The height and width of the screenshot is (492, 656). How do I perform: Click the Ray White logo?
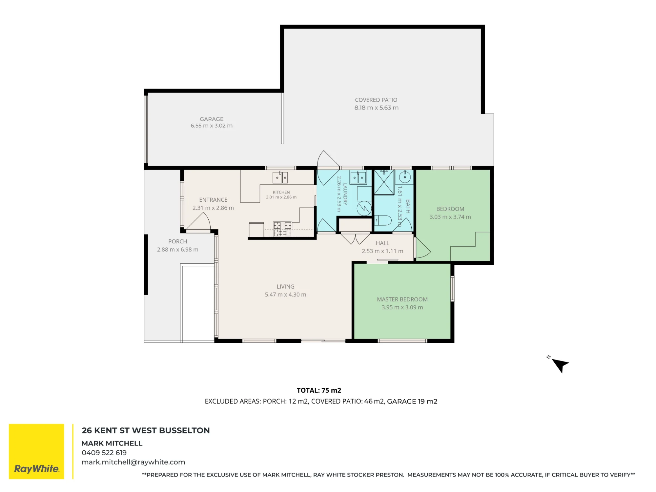coord(36,451)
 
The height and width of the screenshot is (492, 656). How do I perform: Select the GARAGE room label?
coord(212,119)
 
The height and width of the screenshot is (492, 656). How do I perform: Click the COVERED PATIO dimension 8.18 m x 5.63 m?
coord(376,108)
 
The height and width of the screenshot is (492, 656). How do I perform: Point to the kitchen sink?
coord(280,177)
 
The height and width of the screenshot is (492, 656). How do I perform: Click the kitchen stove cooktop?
coord(282,229)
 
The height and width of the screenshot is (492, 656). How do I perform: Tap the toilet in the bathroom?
coord(383,220)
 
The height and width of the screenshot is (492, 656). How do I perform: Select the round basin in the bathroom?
coord(405,177)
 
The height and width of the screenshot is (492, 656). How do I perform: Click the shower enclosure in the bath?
coord(384,182)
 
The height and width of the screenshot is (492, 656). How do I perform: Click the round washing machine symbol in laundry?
coord(364,208)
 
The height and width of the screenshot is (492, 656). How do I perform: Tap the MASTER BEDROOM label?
coord(402,299)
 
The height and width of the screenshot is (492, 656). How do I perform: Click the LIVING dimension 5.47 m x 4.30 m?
coord(285,295)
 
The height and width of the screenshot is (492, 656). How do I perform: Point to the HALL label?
coord(382,243)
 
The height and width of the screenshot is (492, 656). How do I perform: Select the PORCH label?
coord(177,241)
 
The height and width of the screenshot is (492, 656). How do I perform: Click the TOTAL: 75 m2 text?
coord(319,390)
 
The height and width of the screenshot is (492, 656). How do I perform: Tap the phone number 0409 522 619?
coord(104,453)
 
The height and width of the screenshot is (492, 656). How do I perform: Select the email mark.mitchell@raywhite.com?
coord(133,462)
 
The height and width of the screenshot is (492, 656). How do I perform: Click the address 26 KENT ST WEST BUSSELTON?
coord(146,430)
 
